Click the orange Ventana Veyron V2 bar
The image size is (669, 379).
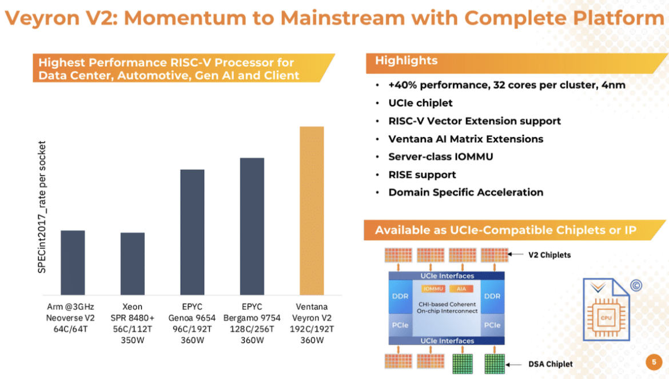point(312,210)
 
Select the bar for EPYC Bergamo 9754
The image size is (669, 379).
point(252,226)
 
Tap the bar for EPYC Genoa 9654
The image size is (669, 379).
point(192,232)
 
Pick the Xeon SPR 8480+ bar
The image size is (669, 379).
point(132,264)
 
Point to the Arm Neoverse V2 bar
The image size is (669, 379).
point(73,262)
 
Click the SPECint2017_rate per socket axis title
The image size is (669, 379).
point(42,207)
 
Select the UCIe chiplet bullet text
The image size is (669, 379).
point(420,103)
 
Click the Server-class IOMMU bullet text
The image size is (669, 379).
point(441,157)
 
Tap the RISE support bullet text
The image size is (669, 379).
point(422,175)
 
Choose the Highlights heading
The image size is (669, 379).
point(406,61)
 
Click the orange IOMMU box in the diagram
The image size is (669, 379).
point(433,289)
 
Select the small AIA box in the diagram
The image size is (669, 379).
point(461,289)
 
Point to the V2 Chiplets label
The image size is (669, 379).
point(549,255)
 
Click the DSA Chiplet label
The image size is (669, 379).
point(551,364)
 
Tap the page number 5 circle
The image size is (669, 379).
point(654,362)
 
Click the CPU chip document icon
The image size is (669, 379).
point(606,309)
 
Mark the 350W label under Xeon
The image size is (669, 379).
point(132,340)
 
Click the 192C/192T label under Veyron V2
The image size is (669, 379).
point(312,329)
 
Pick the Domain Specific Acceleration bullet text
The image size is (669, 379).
point(466,193)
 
